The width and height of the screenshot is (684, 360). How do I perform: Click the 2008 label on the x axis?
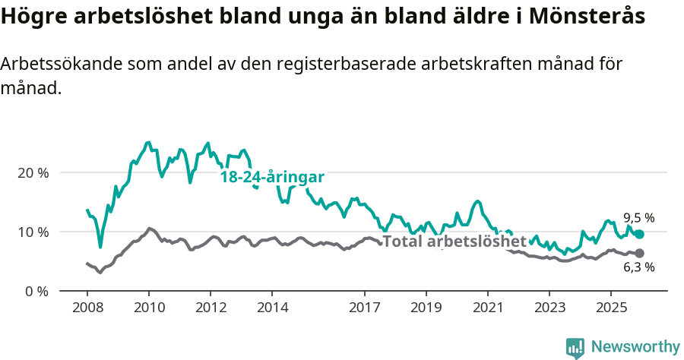coord(87,308)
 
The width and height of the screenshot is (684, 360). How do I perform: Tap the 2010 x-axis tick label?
coord(148,308)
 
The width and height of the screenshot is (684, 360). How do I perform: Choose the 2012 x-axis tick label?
coord(211,308)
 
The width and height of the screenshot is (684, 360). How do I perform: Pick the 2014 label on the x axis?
coord(272,308)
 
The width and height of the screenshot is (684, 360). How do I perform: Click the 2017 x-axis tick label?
coord(365,308)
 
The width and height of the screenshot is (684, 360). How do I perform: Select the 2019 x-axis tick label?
coord(426,308)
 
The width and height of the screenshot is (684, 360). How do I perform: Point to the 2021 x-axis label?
coord(487,308)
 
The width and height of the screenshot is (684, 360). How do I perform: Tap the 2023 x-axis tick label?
coord(549,308)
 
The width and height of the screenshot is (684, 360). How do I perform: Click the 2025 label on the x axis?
coord(610,308)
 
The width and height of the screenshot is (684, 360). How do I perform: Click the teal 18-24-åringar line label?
coord(272,177)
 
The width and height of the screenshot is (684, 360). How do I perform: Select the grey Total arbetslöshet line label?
coord(454,242)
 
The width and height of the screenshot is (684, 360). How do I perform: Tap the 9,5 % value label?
coord(638,218)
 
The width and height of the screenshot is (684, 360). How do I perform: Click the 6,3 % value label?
coord(638,267)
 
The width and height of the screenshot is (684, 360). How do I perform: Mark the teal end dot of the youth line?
coord(639,235)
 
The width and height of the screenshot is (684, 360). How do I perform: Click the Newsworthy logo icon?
coord(575,348)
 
